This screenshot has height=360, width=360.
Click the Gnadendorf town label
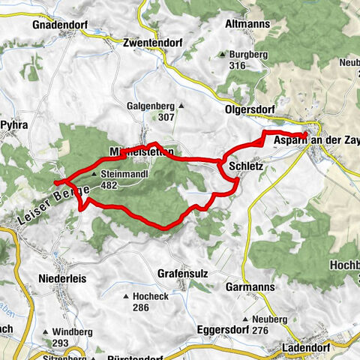click(60, 25)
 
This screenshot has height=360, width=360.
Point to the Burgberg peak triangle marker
click(223, 55)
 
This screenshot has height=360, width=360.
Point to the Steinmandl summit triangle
click(94, 174)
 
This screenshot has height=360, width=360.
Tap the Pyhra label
click(14, 124)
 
